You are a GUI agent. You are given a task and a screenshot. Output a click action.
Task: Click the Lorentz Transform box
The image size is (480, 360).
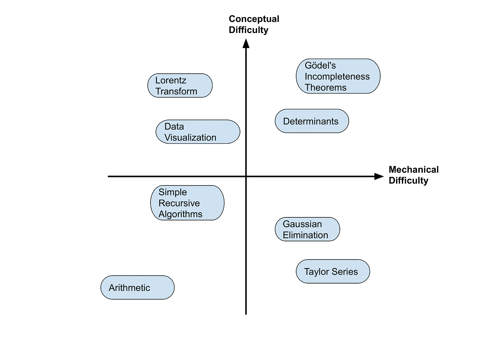point(180,86)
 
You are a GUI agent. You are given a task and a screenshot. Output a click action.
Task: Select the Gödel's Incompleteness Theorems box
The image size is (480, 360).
point(338,76)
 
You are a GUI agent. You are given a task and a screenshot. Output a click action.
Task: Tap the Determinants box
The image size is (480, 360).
point(312,121)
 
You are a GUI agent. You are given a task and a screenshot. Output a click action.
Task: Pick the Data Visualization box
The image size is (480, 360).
point(198,132)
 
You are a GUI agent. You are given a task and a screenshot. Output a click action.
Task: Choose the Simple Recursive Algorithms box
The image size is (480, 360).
point(187,203)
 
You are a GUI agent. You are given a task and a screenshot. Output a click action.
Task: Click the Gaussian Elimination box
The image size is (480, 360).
point(307,229)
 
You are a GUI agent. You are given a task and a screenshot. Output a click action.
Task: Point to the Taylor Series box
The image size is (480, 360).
point(333,272)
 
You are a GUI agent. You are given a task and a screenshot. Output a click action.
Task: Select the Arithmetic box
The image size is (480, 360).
point(137,288)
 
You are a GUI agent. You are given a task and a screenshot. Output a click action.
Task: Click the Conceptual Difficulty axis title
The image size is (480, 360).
point(254,24)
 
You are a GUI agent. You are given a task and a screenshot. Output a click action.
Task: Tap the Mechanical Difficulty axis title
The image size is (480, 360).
point(413,175)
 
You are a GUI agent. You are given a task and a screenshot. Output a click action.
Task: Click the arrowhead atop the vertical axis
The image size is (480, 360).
point(246,43)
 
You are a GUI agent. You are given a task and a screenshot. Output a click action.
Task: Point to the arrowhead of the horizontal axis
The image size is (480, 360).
point(379,177)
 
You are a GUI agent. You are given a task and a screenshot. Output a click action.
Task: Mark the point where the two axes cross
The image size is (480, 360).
point(246,177)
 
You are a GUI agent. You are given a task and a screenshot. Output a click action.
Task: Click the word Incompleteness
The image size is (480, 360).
point(337,76)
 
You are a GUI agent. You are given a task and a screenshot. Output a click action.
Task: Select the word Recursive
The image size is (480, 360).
point(179,203)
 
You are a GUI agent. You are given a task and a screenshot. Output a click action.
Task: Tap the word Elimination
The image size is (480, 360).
point(305,235)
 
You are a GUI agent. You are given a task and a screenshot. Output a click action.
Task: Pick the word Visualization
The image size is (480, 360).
point(190,137)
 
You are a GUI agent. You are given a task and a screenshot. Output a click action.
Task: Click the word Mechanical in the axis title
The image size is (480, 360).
point(413,170)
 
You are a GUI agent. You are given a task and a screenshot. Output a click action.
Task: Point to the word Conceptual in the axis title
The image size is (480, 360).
point(254,19)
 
